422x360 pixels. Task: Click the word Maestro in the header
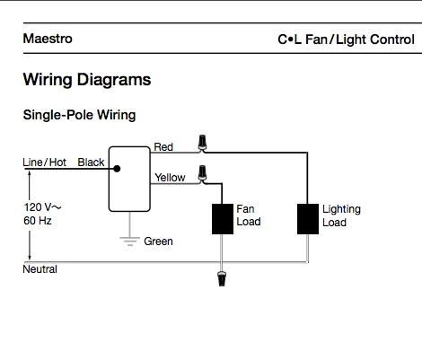click(48, 40)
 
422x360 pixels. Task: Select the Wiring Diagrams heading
click(86, 80)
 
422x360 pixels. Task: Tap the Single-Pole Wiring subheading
click(78, 116)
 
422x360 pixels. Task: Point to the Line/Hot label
click(44, 162)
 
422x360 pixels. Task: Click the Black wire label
click(91, 162)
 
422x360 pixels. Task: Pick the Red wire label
click(163, 147)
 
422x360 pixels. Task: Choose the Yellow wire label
click(170, 178)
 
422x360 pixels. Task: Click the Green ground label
click(158, 241)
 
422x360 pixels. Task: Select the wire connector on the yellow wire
click(205, 171)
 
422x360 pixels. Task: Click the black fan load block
click(221, 218)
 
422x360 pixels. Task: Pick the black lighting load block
click(307, 218)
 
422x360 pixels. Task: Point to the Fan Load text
click(248, 215)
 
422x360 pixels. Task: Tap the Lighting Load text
click(341, 215)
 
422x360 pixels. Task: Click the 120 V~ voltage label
click(42, 207)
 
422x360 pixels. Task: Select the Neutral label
click(40, 269)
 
